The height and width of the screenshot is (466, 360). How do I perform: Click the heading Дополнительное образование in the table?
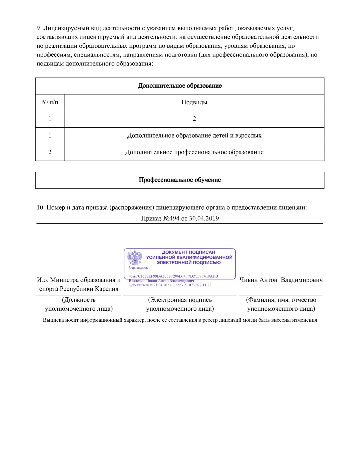(x=180, y=86)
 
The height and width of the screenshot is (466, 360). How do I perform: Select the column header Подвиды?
(x=194, y=102)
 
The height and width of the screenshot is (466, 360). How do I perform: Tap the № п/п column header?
(x=50, y=102)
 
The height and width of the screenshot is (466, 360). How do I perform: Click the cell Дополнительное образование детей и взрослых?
(x=194, y=136)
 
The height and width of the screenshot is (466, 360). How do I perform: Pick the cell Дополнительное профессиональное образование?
(x=194, y=152)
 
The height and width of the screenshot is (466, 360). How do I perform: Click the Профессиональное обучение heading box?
(x=180, y=180)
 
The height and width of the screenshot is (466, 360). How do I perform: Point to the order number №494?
(x=171, y=218)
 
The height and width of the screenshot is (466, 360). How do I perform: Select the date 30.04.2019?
(x=204, y=218)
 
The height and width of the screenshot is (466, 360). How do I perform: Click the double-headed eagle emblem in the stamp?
(x=135, y=258)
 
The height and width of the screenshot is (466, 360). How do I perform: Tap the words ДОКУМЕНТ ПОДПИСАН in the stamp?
(x=188, y=252)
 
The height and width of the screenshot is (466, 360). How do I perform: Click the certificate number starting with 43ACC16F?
(x=173, y=276)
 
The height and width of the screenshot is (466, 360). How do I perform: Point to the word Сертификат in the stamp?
(x=139, y=267)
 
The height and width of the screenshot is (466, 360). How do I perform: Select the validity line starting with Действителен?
(x=170, y=285)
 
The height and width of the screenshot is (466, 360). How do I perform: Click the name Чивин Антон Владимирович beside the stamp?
(x=281, y=280)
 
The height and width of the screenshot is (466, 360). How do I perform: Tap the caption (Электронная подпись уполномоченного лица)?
(x=180, y=304)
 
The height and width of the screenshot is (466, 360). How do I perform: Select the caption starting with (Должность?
(x=79, y=304)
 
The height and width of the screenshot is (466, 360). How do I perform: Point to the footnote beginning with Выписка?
(x=180, y=320)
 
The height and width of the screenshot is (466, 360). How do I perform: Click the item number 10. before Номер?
(x=41, y=208)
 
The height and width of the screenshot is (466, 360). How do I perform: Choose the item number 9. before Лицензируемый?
(x=39, y=28)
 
